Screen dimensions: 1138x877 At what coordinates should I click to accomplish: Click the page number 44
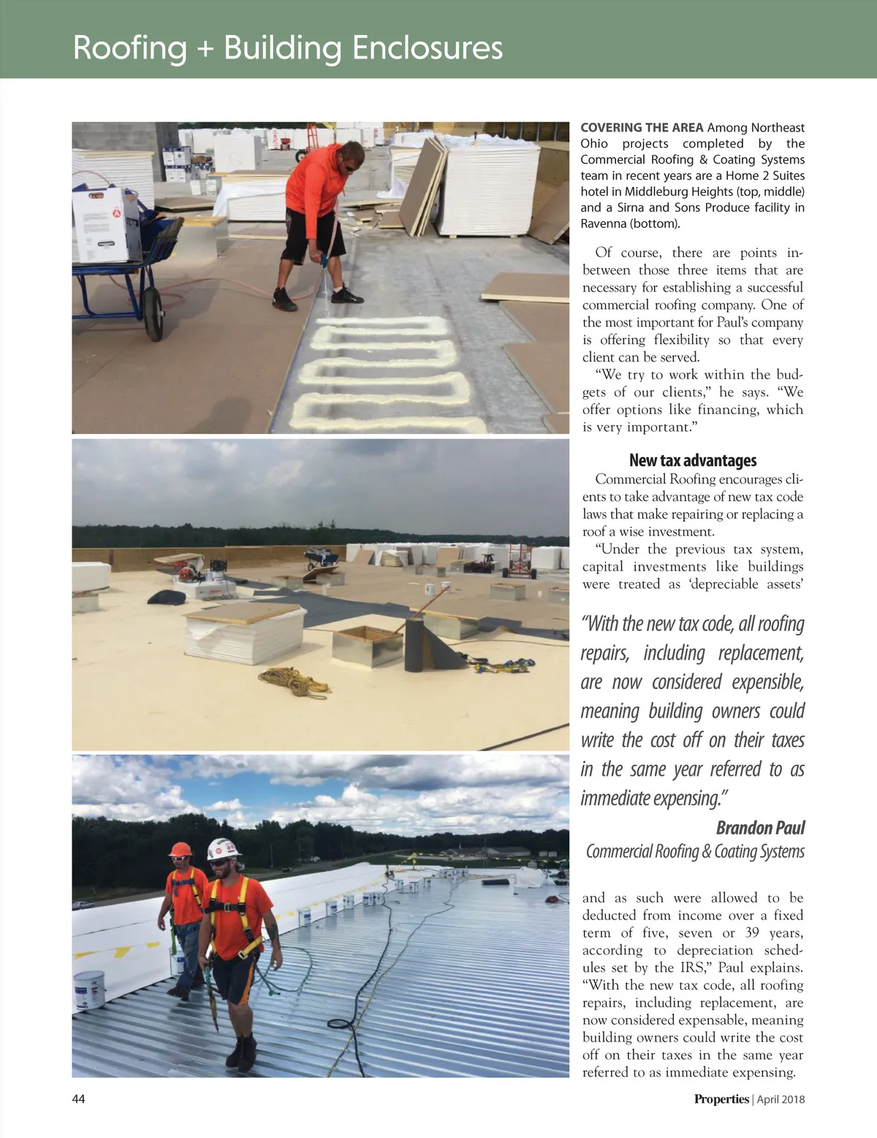(78, 1099)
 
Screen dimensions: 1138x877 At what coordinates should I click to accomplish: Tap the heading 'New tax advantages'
(692, 460)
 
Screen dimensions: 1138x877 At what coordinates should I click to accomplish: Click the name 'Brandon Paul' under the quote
(760, 828)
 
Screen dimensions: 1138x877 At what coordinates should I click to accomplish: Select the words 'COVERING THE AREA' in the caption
(642, 128)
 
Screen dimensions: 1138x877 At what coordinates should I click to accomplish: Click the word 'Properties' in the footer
(721, 1099)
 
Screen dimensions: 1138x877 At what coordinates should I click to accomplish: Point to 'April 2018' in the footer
(781, 1099)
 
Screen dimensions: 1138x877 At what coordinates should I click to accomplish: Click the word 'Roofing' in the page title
(130, 48)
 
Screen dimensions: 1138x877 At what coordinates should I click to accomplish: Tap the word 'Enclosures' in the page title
(428, 48)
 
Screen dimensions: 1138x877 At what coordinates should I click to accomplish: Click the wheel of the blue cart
(153, 314)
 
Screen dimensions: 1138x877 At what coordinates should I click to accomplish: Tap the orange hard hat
(180, 849)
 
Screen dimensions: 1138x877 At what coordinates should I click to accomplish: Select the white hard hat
(222, 849)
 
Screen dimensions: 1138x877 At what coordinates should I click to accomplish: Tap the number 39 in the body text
(751, 933)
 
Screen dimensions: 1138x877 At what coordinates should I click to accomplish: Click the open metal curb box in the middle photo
(367, 647)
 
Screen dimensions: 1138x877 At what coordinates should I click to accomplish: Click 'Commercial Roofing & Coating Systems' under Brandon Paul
(695, 852)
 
